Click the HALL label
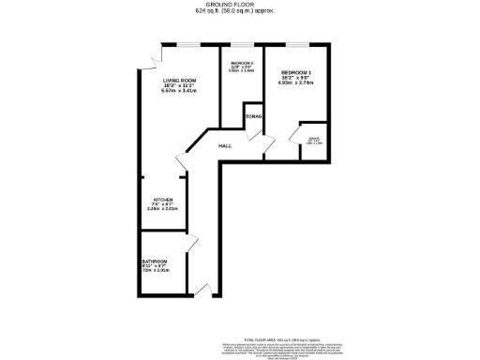[225, 146]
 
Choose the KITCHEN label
[163, 200]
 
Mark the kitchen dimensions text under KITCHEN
[163, 209]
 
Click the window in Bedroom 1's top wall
[297, 43]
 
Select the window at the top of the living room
[187, 43]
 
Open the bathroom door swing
[192, 246]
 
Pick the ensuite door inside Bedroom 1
[303, 131]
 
